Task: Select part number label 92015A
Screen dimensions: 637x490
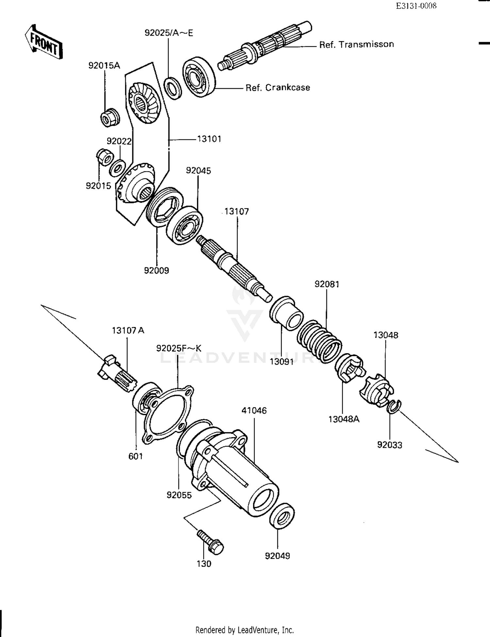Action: (104, 66)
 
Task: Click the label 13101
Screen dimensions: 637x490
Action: (209, 139)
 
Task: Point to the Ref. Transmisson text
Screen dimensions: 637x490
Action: (356, 44)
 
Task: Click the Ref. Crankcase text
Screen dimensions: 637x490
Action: (278, 88)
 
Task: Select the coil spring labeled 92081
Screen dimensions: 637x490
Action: (319, 341)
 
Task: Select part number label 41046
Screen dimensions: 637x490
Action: (254, 411)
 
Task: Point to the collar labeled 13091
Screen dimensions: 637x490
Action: (286, 313)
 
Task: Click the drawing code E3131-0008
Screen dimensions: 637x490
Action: (416, 6)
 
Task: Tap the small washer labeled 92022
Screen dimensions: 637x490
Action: (117, 167)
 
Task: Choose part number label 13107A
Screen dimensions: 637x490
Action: (128, 330)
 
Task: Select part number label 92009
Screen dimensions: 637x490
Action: (156, 270)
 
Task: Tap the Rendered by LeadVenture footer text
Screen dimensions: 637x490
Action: (245, 630)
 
